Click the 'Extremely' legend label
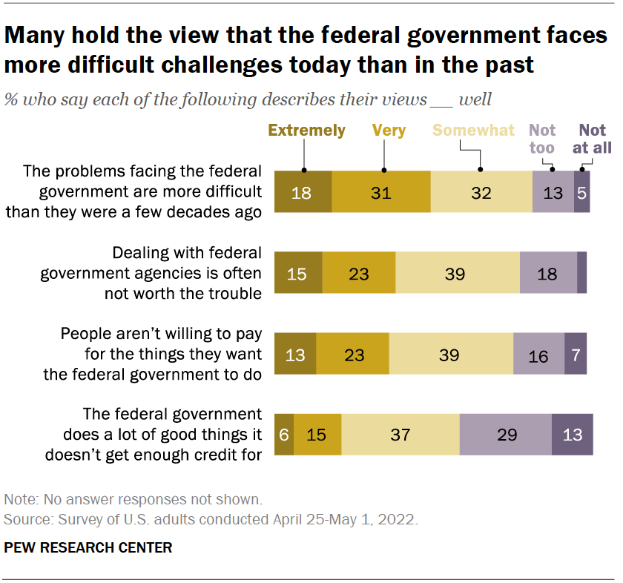pos(306,131)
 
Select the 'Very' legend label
pos(389,131)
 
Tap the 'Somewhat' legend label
pos(473,131)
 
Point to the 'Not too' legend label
pos(542,139)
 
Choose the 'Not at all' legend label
pos(592,139)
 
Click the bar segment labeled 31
pos(381,192)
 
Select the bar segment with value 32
pos(481,192)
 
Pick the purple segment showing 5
pos(582,192)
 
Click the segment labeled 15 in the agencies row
pos(298,274)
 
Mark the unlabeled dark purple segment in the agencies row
pos(582,274)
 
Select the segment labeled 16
pos(538,355)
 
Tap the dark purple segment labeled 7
pos(576,355)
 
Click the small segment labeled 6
pos(284,435)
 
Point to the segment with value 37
pos(400,435)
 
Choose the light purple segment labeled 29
pos(506,435)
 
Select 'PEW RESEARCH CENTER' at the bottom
pos(88,548)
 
